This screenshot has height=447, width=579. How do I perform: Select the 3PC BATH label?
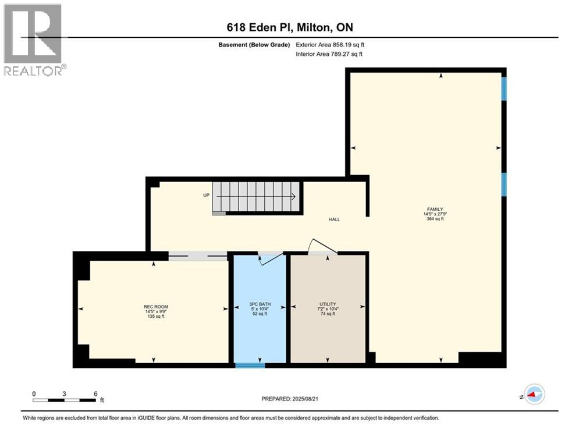pyautogui.click(x=260, y=304)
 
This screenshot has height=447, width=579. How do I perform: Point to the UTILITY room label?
pyautogui.click(x=328, y=304)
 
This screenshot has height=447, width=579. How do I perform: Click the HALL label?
pyautogui.click(x=334, y=219)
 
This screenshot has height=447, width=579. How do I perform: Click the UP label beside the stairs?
pyautogui.click(x=206, y=195)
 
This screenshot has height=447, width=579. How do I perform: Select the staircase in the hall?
pyautogui.click(x=257, y=197)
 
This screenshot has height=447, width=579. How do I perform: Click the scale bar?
pyautogui.click(x=65, y=399)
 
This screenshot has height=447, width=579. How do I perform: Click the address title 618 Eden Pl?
pyautogui.click(x=289, y=27)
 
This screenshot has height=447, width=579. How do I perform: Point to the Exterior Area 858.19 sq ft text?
pyautogui.click(x=330, y=44)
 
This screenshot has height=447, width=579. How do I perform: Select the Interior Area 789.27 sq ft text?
pyautogui.click(x=329, y=54)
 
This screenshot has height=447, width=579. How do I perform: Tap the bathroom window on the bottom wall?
pyautogui.click(x=250, y=366)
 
